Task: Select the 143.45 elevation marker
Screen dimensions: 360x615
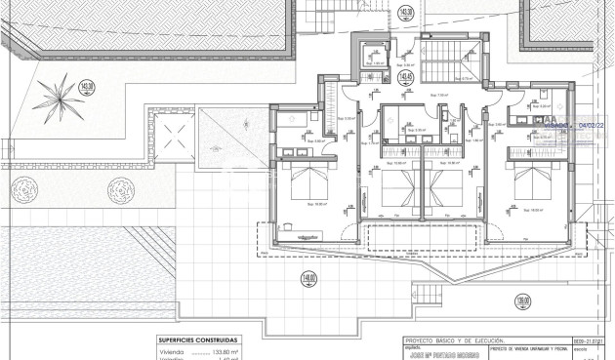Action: click(407, 76)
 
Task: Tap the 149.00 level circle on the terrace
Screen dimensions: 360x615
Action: click(310, 278)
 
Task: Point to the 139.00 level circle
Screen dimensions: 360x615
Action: click(523, 301)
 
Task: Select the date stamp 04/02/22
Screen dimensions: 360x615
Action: click(593, 126)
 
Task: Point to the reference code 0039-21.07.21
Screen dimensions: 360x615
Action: click(594, 340)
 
